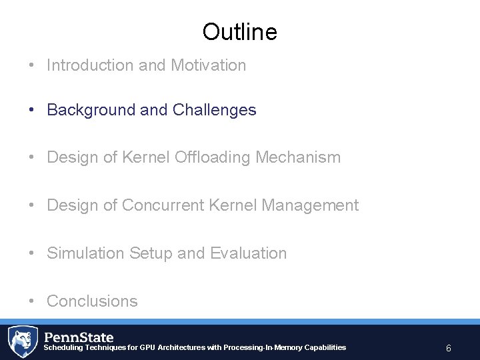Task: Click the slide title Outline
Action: [x=239, y=31]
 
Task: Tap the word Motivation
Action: [x=209, y=65]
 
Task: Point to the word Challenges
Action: [x=214, y=110]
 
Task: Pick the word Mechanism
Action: [x=299, y=157]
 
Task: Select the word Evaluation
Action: [x=248, y=253]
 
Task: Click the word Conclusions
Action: [x=92, y=301]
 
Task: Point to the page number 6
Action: [x=449, y=348]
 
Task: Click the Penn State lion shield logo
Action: [x=22, y=341]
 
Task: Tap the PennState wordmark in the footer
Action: [x=79, y=337]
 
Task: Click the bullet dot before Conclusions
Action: [x=32, y=301]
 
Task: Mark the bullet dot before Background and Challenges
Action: [x=32, y=110]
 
